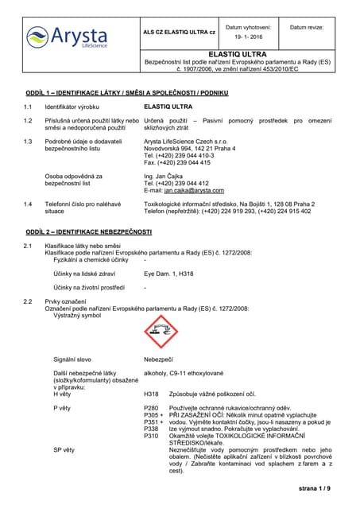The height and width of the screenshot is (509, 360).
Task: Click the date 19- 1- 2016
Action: tap(252, 37)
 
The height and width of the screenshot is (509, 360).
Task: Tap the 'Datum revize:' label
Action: tap(306, 27)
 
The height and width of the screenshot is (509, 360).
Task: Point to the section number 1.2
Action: tap(28, 119)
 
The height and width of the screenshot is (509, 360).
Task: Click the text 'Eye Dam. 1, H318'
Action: tap(168, 273)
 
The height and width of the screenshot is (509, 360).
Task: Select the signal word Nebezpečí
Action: tap(159, 359)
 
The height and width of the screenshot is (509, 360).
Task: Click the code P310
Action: tap(151, 436)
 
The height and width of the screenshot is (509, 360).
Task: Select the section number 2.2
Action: tap(28, 301)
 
